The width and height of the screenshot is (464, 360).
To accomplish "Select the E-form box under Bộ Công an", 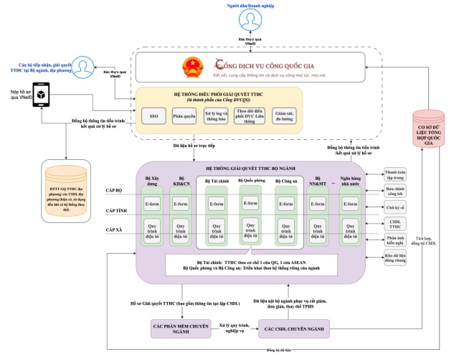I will pos(288,204).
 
